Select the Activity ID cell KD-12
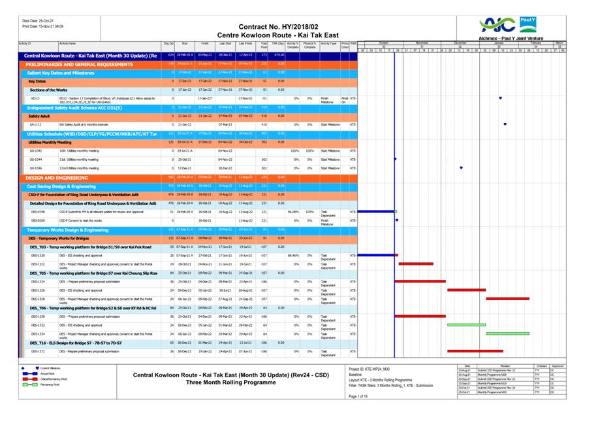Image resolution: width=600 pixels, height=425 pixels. pyautogui.click(x=35, y=98)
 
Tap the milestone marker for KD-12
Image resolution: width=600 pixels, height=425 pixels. pyautogui.click(x=500, y=98)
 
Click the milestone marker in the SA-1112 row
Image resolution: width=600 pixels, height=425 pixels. pyautogui.click(x=505, y=124)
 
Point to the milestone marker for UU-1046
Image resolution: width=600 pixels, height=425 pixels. pyautogui.click(x=461, y=168)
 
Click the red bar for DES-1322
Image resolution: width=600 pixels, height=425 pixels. pyautogui.click(x=415, y=263)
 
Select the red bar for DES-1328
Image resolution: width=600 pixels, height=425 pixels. pyautogui.click(x=507, y=298)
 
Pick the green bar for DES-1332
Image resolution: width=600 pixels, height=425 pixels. pyautogui.click(x=466, y=324)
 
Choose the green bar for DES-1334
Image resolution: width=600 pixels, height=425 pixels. pyautogui.click(x=507, y=333)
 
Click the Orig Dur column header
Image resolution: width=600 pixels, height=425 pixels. pyautogui.click(x=168, y=44)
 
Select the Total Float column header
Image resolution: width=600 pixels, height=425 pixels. pyautogui.click(x=264, y=45)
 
